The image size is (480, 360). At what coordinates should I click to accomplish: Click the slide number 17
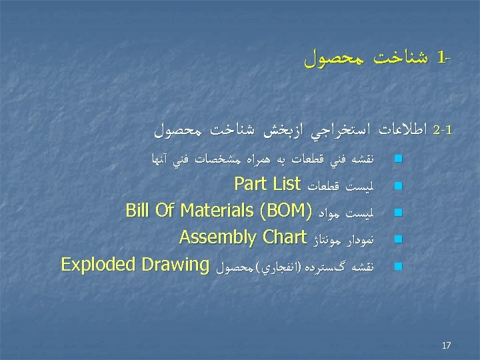446,345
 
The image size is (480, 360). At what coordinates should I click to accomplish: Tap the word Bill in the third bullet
139,211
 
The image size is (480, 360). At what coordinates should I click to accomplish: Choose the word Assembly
217,238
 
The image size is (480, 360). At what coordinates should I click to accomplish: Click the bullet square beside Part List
398,185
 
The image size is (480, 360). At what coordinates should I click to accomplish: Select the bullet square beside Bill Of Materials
398,213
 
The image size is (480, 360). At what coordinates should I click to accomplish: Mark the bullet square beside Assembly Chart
398,239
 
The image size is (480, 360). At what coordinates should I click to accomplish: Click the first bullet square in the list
398,159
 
